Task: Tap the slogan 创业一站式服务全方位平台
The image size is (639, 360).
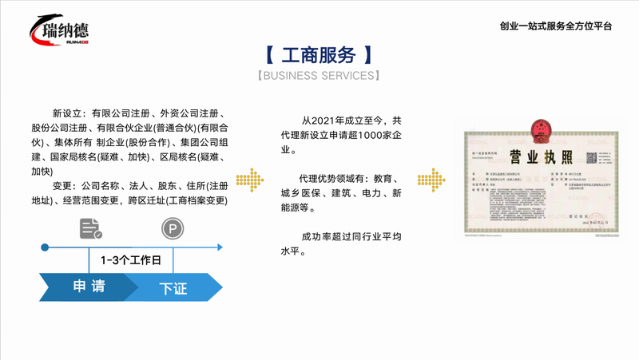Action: (x=556, y=26)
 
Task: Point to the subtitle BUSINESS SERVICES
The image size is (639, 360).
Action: (x=319, y=76)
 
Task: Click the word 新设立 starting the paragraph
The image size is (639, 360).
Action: (x=68, y=113)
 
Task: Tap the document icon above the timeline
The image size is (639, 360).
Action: (x=90, y=230)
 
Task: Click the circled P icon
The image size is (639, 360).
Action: (x=172, y=230)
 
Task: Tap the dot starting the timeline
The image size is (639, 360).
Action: (x=45, y=247)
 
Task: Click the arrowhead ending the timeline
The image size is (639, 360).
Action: (x=220, y=247)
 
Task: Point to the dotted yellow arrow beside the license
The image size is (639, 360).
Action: (x=431, y=180)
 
